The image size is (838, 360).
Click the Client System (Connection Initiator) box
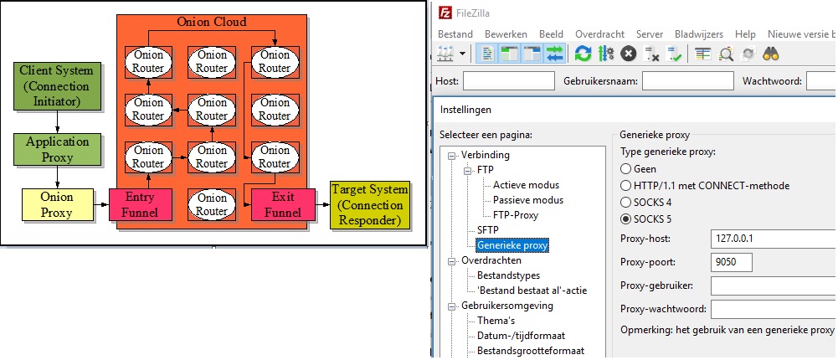[x=56, y=85]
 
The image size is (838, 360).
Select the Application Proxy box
[x=57, y=149]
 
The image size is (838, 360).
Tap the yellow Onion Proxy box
[x=57, y=204]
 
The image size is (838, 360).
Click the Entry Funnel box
[x=141, y=204]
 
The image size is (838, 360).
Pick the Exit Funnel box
[x=283, y=204]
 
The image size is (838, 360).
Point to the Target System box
[x=371, y=204]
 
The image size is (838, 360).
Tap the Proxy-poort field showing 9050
[x=731, y=262]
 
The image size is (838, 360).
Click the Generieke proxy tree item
[x=512, y=245]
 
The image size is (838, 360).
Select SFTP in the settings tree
[x=487, y=229]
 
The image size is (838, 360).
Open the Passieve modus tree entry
[x=527, y=200]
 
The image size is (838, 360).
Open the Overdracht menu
[x=599, y=34]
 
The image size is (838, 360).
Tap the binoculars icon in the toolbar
[x=771, y=54]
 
